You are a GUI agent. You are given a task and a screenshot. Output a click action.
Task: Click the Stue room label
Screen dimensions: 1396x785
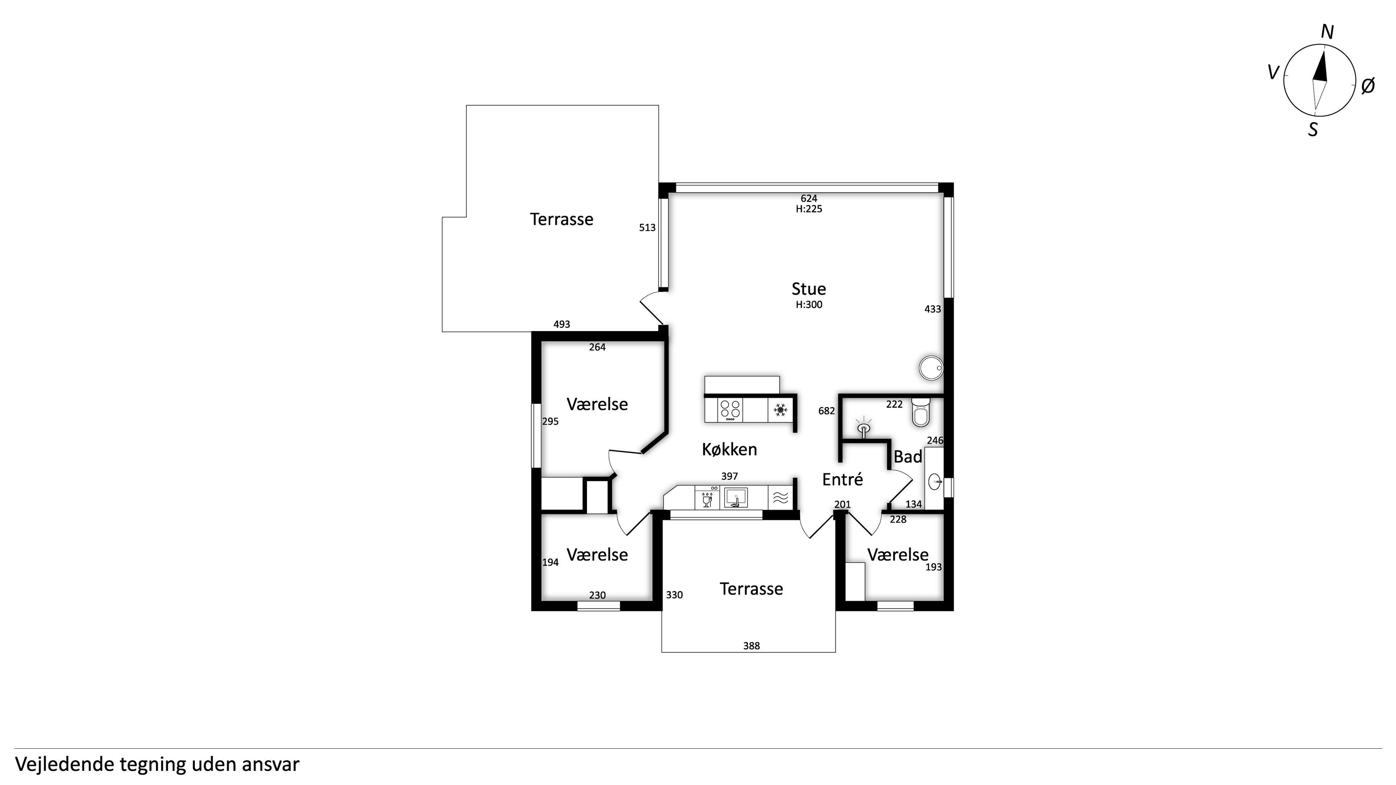809,289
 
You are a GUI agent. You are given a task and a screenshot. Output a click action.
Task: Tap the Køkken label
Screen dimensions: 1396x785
729,449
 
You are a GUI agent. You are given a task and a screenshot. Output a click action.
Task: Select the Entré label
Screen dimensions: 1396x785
843,479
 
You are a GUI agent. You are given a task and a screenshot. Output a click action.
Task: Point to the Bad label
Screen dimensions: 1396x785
908,457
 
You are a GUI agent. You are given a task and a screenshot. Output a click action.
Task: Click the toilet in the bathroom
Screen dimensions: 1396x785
921,413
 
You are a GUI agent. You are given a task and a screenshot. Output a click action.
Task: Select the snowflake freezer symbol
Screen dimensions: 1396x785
780,410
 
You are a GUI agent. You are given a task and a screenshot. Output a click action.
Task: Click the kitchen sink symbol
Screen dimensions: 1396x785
736,497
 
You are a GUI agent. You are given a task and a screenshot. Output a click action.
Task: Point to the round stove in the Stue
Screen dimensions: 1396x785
931,368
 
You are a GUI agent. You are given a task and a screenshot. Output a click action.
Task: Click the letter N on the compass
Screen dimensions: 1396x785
1327,32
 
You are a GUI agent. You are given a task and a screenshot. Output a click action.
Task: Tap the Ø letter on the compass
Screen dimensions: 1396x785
1368,86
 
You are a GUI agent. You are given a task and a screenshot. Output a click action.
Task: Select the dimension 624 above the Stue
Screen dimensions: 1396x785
809,198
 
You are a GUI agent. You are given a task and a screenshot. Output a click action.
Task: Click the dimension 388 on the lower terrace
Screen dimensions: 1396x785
751,646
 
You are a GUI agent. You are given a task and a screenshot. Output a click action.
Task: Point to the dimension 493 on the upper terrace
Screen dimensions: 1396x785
562,324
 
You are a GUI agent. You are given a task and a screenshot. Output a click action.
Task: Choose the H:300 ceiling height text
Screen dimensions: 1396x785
809,305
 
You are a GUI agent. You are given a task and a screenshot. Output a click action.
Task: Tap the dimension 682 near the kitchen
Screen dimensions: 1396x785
826,411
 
